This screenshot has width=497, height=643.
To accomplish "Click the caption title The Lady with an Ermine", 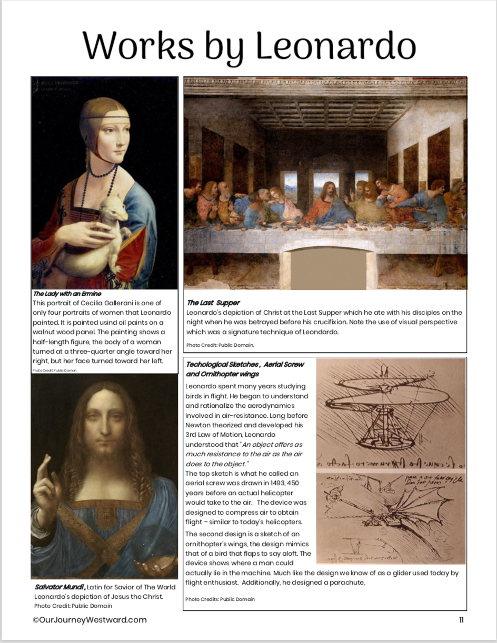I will pos(67,293).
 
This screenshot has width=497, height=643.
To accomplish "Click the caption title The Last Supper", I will pos(213,303).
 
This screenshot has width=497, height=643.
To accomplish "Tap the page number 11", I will pos(461,620).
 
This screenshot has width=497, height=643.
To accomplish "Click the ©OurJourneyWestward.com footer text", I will pos(90,620).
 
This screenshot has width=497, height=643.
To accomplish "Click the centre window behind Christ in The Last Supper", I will pos(326,184).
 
